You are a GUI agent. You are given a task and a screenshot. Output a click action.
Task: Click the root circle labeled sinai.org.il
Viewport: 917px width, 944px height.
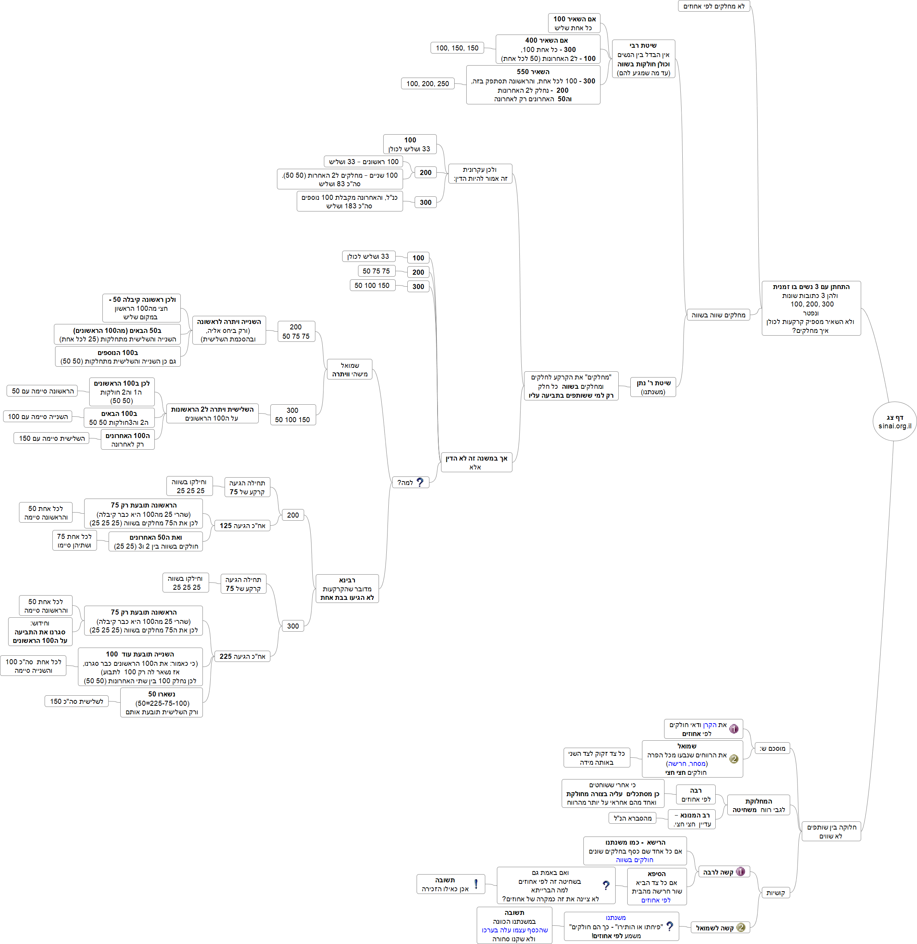(x=895, y=421)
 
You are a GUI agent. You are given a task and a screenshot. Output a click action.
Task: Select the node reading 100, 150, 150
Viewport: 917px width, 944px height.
(x=457, y=48)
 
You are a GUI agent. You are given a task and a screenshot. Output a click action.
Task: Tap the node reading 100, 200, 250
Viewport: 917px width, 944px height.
(x=427, y=83)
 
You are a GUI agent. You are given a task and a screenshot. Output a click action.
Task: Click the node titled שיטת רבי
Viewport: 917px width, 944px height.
(x=643, y=59)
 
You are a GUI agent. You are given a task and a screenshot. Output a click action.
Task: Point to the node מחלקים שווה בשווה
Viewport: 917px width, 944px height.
(x=718, y=315)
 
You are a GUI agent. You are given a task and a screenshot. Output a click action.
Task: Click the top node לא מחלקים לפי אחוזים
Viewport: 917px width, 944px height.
(x=714, y=6)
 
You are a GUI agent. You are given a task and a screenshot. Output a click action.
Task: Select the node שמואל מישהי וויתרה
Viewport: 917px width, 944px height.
(x=349, y=369)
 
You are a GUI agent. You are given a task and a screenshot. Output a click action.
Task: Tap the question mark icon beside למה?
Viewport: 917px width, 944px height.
(x=420, y=482)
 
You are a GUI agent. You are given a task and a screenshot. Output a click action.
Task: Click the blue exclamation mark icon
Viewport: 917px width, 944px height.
(x=476, y=884)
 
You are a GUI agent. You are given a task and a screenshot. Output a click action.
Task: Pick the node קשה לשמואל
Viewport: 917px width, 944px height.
(x=720, y=928)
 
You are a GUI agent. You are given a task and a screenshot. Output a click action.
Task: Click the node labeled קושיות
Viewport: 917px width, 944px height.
(x=775, y=892)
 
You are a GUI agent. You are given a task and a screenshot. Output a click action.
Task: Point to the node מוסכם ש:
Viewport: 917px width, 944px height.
(x=772, y=748)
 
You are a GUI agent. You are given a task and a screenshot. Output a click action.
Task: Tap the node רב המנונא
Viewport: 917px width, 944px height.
(x=692, y=819)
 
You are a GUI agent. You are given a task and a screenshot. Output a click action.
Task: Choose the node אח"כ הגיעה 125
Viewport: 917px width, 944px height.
(x=242, y=525)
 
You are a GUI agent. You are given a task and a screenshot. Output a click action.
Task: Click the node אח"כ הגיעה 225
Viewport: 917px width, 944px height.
(x=242, y=656)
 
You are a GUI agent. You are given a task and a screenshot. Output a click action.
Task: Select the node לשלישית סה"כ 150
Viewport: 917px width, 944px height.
(x=76, y=701)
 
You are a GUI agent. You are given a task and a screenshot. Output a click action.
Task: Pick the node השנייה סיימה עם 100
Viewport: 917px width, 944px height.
(x=38, y=417)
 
